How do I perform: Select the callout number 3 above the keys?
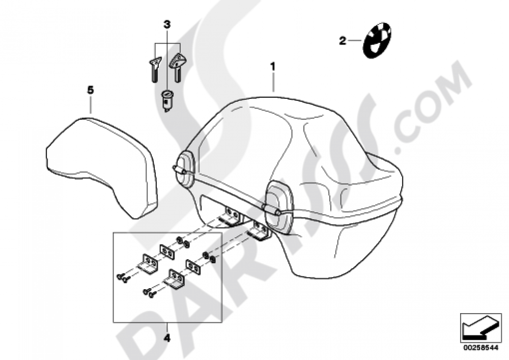coord(167,24)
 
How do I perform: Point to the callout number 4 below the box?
coord(167,337)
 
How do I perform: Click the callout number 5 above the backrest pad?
coord(90,90)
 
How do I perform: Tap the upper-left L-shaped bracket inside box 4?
coord(149,264)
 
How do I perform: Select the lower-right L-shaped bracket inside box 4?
coord(175,281)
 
